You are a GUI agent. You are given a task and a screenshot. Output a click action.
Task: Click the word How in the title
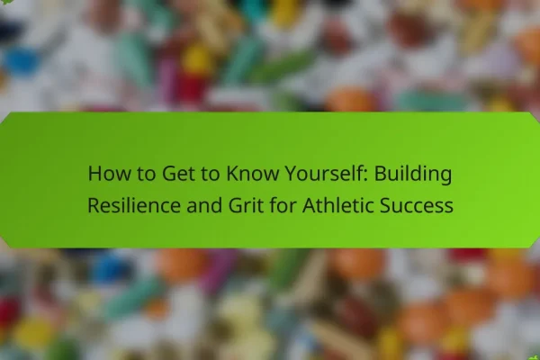coord(110,174)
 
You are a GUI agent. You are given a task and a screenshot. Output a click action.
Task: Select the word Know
coord(252,174)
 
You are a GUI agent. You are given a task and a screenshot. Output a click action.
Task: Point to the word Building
coord(413,175)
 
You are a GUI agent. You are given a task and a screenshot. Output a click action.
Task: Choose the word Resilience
coord(134,205)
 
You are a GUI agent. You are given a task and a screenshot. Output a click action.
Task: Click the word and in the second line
coord(204,205)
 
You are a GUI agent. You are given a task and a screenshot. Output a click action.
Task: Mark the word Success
coord(417,205)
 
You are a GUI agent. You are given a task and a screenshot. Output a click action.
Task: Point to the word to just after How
coord(146,174)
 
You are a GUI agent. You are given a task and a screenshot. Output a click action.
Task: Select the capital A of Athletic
coord(310,205)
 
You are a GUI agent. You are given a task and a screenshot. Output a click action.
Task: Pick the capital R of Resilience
coord(94,205)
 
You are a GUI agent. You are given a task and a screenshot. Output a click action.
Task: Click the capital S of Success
coord(385,205)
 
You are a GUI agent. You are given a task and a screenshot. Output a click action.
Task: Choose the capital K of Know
coord(232,174)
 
